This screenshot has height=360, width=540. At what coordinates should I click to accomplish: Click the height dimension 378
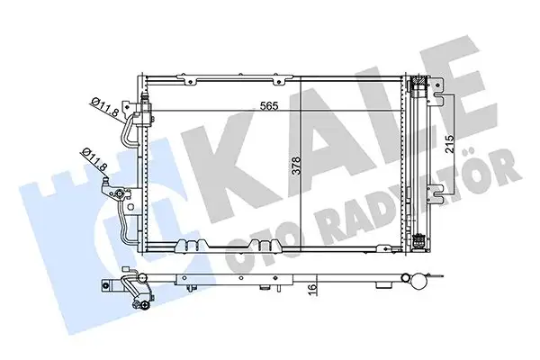309,166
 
